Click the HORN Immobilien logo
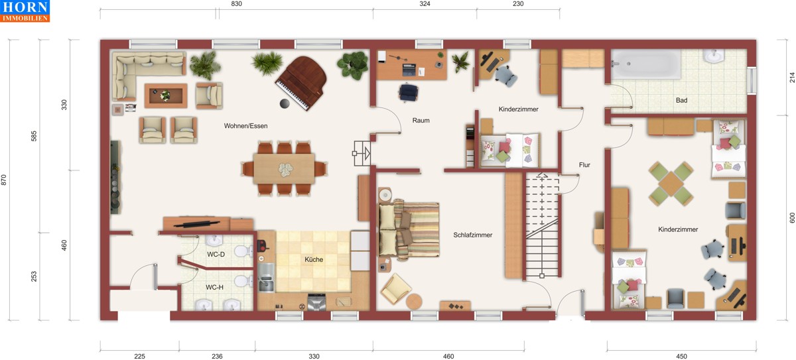25,11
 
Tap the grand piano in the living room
302,83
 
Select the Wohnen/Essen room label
245,126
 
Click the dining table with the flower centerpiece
284,168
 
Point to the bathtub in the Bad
645,64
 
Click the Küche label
314,259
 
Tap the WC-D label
216,254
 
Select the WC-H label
214,287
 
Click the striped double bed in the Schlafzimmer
409,229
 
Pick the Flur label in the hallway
584,164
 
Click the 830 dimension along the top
236,4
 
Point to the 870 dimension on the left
4,180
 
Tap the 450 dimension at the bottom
681,356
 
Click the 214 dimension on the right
792,78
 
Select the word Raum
421,121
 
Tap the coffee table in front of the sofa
166,95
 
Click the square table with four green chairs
671,184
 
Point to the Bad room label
681,101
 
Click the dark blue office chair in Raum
409,92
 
